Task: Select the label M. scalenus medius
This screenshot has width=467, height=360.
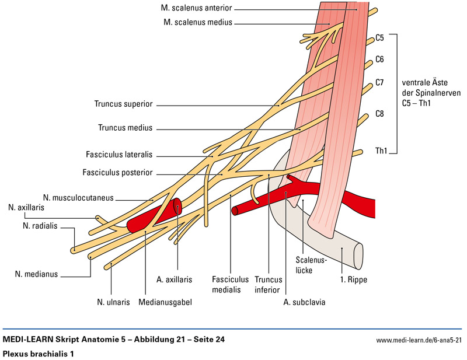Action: (x=198, y=22)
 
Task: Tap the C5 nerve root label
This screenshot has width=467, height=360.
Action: (x=379, y=38)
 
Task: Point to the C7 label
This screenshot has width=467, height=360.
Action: (x=379, y=82)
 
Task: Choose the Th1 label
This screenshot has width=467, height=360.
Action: (x=381, y=151)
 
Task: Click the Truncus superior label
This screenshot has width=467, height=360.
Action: (x=123, y=104)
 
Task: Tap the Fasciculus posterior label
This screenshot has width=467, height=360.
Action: (x=117, y=173)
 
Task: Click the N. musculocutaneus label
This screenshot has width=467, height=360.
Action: (x=78, y=197)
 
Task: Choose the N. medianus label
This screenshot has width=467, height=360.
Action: (x=37, y=273)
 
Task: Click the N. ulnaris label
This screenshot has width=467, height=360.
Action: (x=112, y=302)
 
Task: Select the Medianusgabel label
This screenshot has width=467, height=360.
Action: (x=165, y=302)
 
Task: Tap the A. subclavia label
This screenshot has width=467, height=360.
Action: (x=304, y=302)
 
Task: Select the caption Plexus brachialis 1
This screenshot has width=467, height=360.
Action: (x=36, y=354)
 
